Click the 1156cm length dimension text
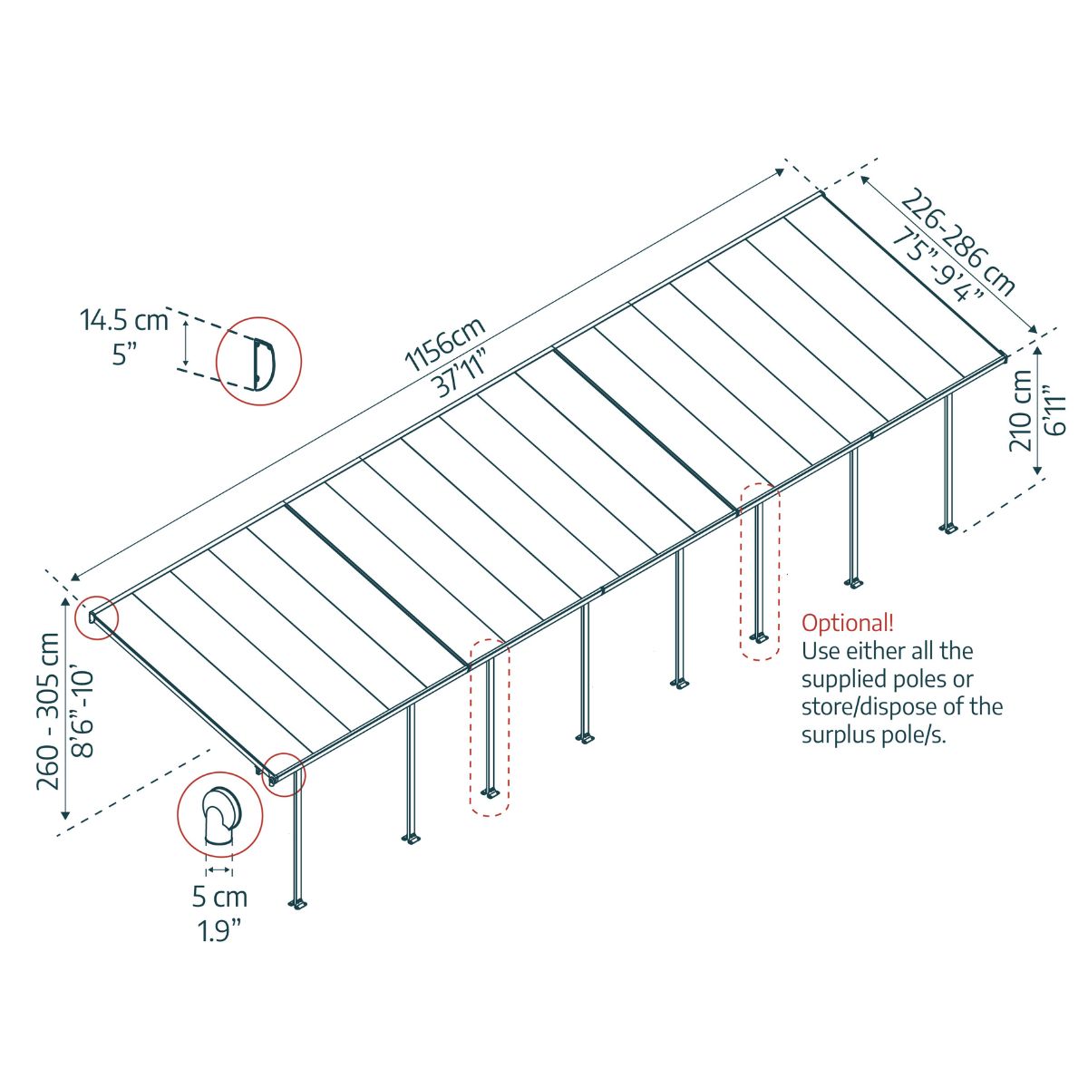tap(444, 344)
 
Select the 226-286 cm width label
tap(961, 242)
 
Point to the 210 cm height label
tap(1023, 410)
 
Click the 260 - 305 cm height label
tap(50, 711)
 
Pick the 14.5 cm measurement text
tap(124, 320)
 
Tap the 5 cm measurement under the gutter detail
tap(219, 898)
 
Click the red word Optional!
tap(847, 624)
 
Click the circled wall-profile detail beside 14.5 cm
tap(259, 360)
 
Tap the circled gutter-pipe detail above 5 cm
tap(219, 813)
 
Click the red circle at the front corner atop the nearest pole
tap(285, 775)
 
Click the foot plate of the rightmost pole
tap(948, 528)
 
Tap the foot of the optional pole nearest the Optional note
tap(760, 638)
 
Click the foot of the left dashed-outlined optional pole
tap(491, 793)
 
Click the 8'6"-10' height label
tap(83, 711)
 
